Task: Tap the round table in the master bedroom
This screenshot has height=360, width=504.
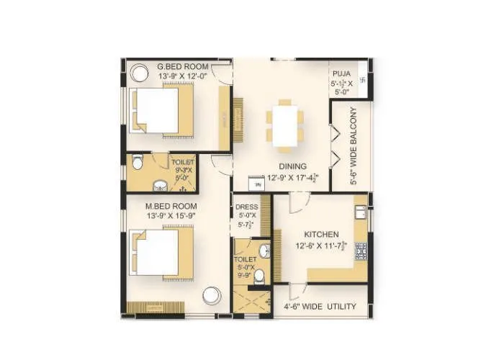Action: coord(212,295)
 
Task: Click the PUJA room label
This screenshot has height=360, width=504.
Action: coord(341,73)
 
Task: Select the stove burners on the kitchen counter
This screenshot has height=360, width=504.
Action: coord(360,250)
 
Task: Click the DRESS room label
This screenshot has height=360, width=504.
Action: coord(247,207)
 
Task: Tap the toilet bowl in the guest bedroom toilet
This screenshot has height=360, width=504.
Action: coord(138,163)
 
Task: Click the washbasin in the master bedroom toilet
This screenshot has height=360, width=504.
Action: coord(264,251)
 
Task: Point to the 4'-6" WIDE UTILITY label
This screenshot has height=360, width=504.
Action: coord(321,307)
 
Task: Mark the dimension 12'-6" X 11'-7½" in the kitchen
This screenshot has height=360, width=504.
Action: coord(321,246)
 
